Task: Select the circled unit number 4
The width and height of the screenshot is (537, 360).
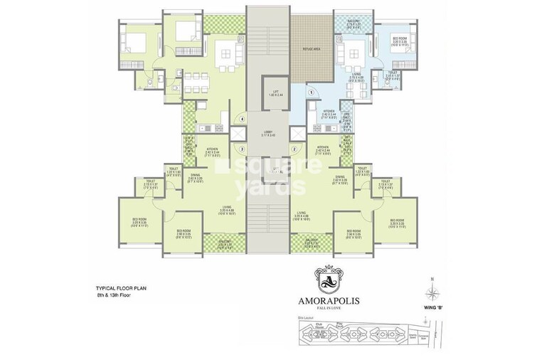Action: coord(243,118)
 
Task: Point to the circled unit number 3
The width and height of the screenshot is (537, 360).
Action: coord(243,149)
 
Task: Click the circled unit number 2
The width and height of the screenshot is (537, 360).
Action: coord(293,149)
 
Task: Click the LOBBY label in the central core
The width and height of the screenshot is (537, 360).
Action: coord(268,132)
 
